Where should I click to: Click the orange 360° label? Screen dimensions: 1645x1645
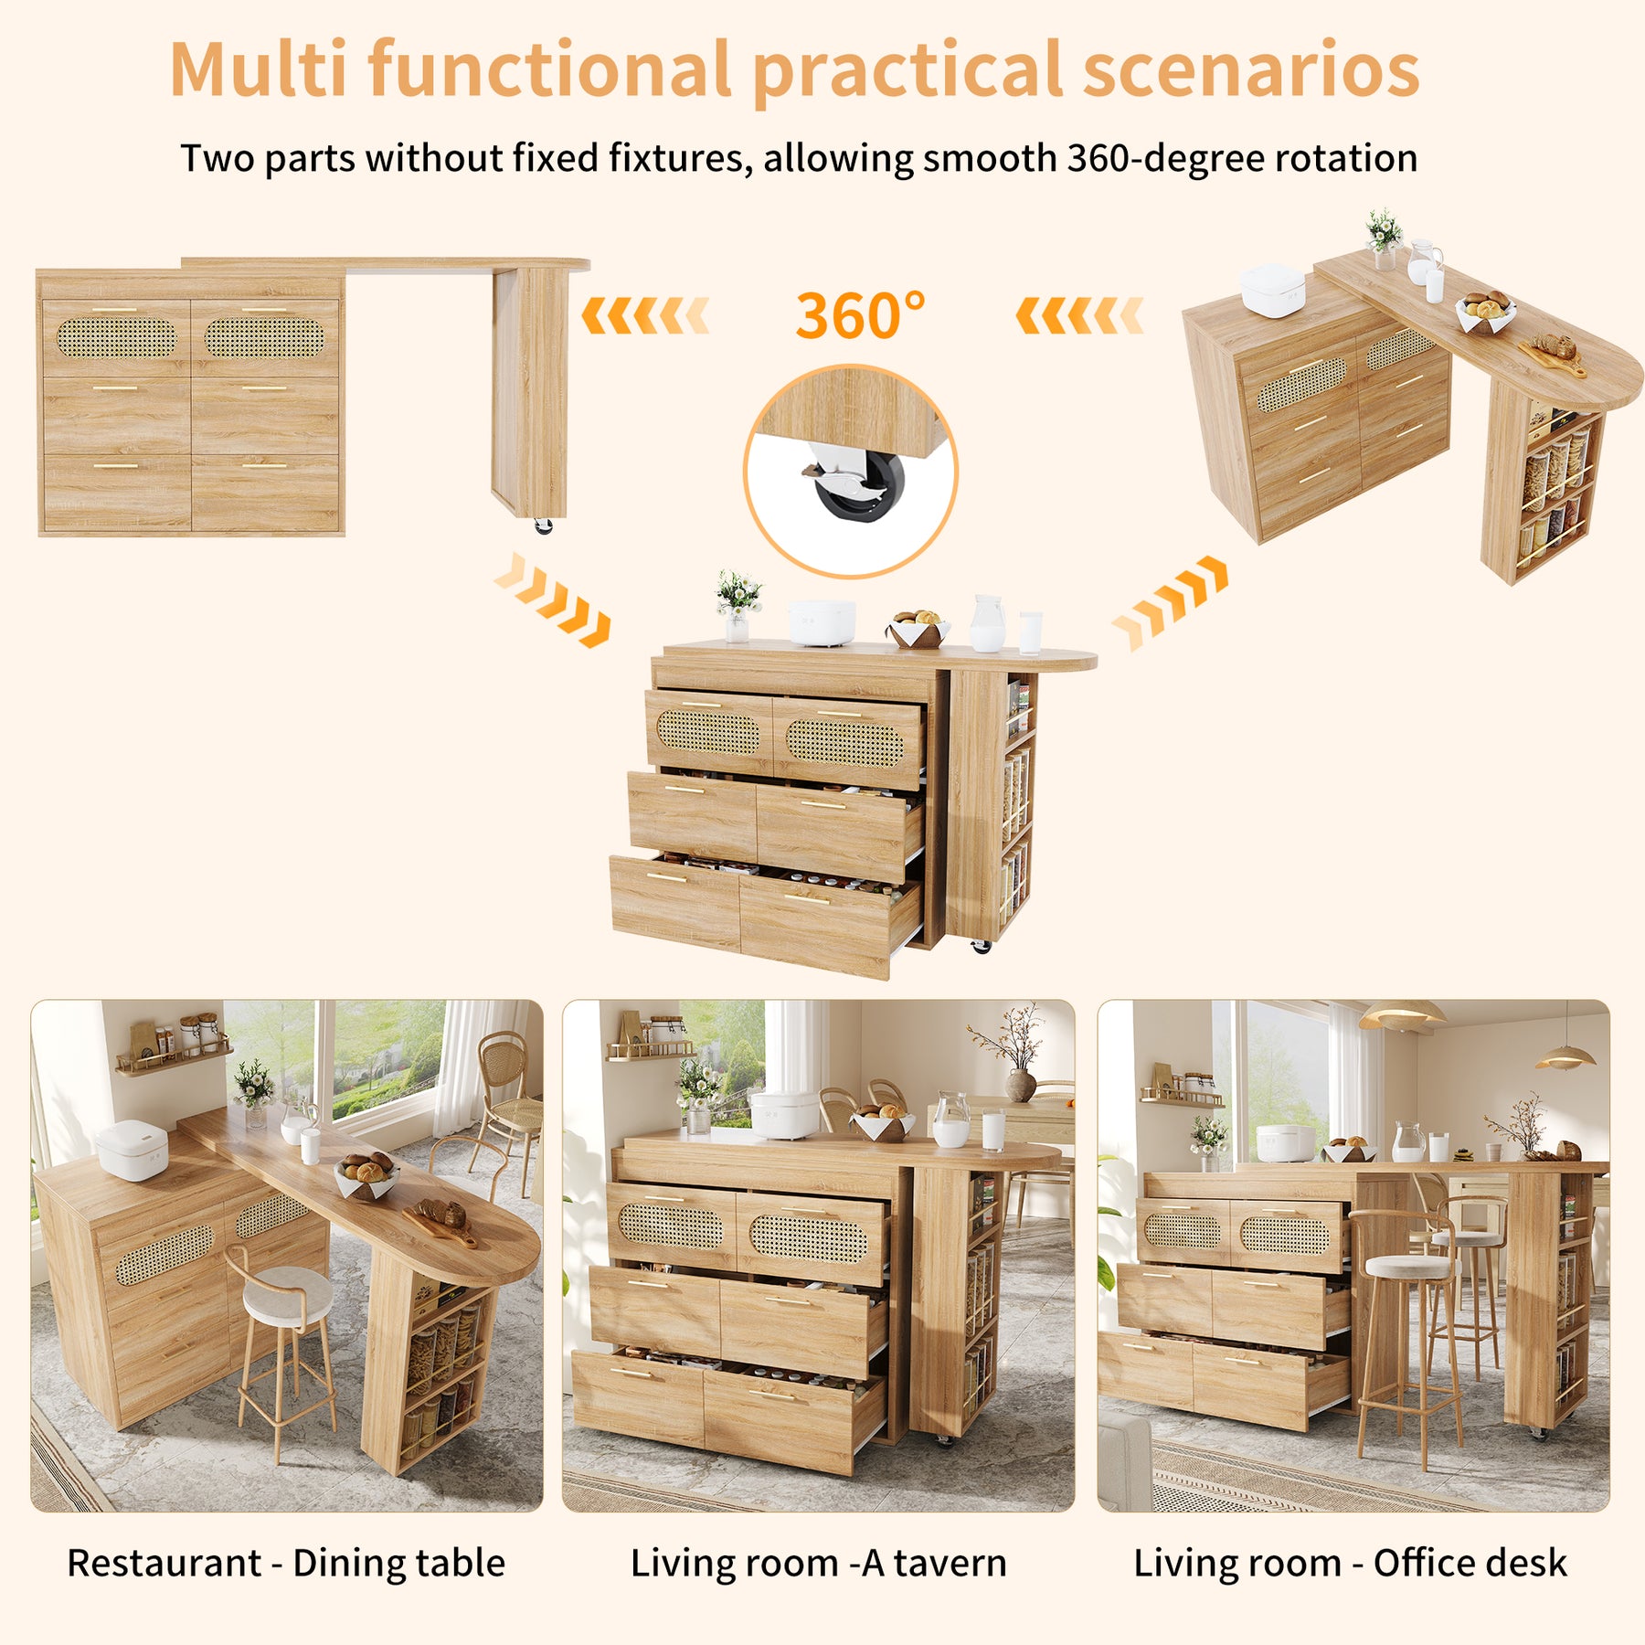[x=859, y=316]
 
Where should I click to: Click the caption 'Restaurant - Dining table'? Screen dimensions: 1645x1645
[x=286, y=1563]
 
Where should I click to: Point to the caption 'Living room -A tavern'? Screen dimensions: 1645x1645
[x=819, y=1563]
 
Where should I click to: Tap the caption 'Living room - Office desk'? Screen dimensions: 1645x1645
[x=1351, y=1563]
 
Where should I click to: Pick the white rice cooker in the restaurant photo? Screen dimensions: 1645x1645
[x=133, y=1150]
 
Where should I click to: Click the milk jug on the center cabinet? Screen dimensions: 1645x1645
[x=987, y=623]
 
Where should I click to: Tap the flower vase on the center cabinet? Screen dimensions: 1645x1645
[x=737, y=605]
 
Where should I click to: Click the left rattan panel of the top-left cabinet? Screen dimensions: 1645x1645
[x=116, y=337]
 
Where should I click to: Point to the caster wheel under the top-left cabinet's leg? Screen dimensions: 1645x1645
[x=543, y=526]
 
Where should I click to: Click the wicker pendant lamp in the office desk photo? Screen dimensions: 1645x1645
[x=1402, y=1014]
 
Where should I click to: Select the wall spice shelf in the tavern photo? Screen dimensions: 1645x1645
[x=651, y=1036]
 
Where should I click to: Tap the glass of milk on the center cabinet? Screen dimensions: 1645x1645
[x=1030, y=632]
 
